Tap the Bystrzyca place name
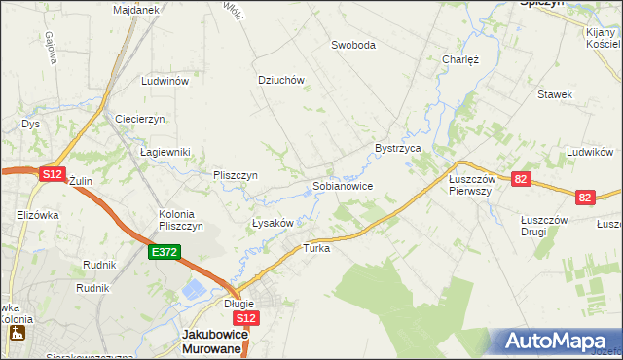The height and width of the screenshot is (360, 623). point(397,148)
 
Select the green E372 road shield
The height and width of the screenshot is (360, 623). point(163,252)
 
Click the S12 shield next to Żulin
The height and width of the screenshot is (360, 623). point(52,174)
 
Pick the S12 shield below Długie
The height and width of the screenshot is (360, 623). point(246,318)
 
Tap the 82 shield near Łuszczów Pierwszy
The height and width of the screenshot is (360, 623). point(521,179)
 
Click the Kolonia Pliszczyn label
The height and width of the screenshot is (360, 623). point(180,220)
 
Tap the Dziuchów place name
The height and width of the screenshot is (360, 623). point(281,81)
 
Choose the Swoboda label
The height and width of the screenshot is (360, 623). point(352,45)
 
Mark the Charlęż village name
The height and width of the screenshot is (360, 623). point(460,58)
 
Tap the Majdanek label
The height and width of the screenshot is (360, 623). point(135,10)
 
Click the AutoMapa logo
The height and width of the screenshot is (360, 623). point(559,342)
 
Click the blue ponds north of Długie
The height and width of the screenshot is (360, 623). point(194,289)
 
